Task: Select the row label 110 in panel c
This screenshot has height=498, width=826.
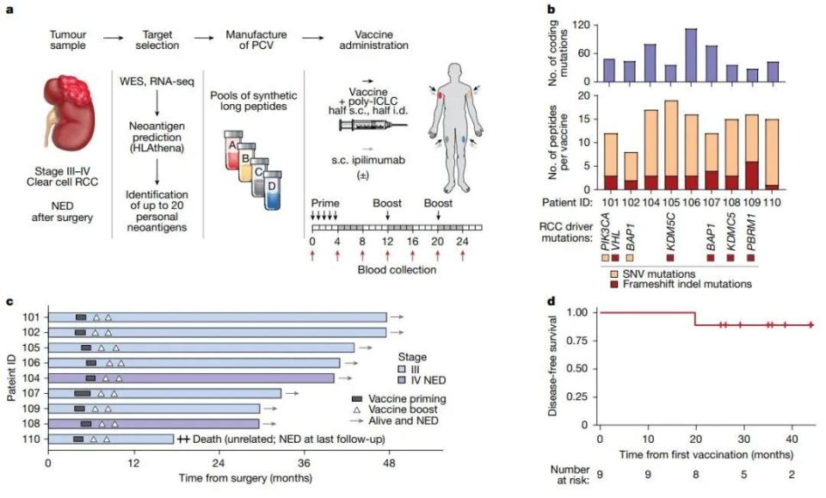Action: [28, 439]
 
